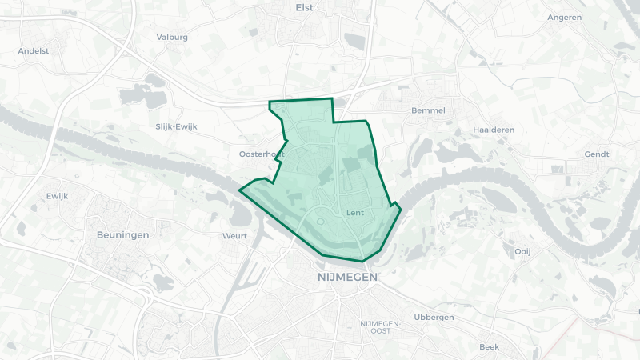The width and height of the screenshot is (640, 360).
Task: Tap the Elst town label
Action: click(x=304, y=7)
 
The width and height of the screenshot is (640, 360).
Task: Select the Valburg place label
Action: click(x=172, y=37)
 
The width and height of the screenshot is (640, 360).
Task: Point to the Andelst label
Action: click(x=34, y=50)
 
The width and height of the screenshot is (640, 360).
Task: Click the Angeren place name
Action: click(x=564, y=17)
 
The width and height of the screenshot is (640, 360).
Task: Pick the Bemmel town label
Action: click(x=427, y=110)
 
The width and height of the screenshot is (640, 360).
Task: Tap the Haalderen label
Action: click(x=494, y=130)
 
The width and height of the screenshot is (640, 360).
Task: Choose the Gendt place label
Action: click(x=597, y=154)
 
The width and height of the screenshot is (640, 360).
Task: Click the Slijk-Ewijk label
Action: click(x=176, y=126)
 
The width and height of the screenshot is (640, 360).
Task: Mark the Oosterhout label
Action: click(x=262, y=154)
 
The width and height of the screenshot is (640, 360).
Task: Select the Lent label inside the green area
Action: click(x=355, y=213)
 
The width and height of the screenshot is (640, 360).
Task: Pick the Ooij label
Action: click(x=522, y=250)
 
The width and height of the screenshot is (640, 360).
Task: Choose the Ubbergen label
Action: click(x=434, y=317)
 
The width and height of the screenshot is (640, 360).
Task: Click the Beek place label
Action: click(x=489, y=346)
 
